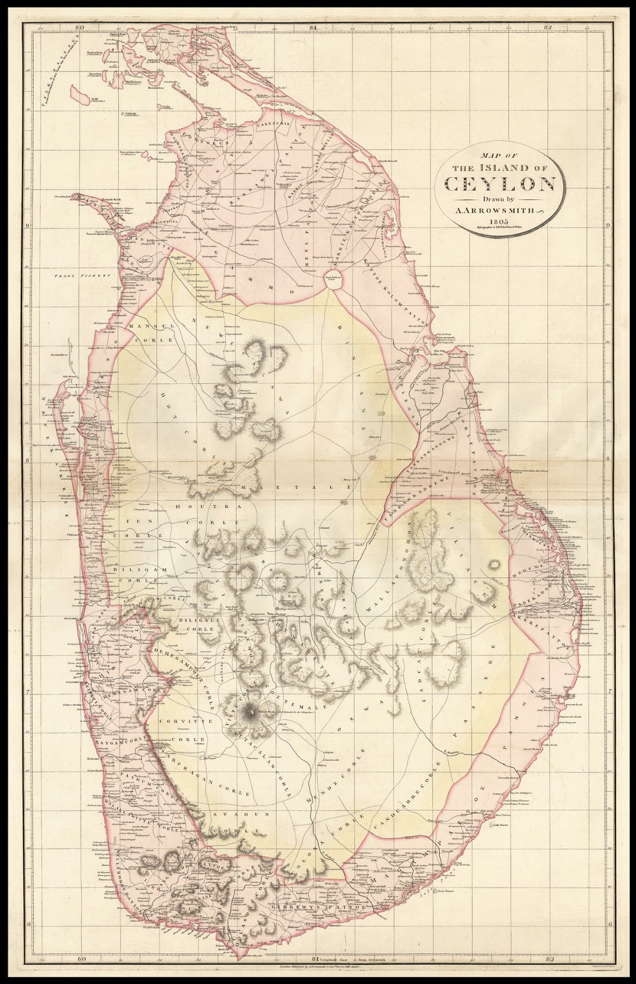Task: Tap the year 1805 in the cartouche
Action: (x=499, y=223)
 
